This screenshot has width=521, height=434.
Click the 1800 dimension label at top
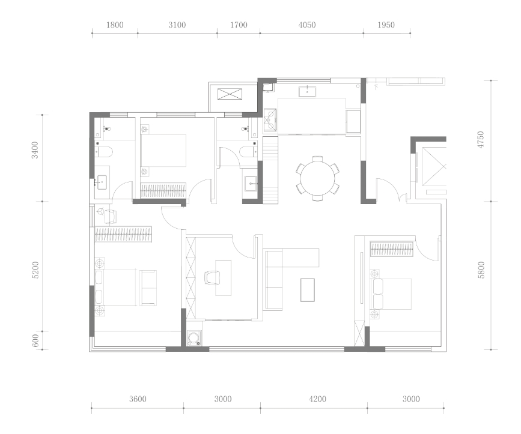point(115,25)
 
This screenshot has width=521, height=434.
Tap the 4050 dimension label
point(307,25)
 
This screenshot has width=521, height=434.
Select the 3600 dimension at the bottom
point(138,399)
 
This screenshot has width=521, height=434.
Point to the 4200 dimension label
point(317,399)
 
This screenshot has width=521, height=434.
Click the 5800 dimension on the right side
point(481,270)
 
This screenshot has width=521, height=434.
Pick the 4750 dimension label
point(481,140)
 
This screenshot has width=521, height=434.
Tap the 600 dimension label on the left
point(35,340)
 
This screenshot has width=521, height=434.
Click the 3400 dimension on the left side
point(35,150)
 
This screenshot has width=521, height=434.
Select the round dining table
point(318,179)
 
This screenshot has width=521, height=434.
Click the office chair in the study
point(212,277)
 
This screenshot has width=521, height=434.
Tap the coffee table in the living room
point(307,290)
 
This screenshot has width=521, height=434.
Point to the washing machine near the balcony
point(193,338)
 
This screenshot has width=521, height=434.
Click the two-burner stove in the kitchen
point(270,121)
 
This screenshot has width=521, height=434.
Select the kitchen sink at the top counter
point(307,91)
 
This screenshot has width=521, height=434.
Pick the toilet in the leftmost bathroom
point(105,152)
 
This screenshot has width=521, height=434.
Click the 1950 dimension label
point(386,25)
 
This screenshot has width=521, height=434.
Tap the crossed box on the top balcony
point(230,94)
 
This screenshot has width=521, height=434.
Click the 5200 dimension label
point(35,270)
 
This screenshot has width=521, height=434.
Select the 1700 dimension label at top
point(239,25)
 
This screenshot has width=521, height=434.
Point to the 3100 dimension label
point(177,25)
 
